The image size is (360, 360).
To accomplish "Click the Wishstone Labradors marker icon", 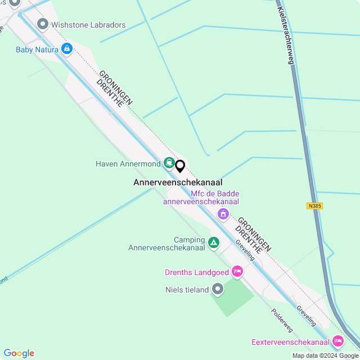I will (42, 25).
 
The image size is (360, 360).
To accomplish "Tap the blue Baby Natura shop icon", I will (67, 49).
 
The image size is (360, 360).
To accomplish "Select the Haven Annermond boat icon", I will (169, 164).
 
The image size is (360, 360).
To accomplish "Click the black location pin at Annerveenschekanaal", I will (180, 166).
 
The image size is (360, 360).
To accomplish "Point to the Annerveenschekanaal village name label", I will (178, 182).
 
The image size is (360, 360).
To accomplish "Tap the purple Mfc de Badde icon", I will (223, 214).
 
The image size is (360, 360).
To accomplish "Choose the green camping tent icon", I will (214, 243).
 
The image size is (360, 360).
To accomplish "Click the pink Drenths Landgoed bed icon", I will (237, 272).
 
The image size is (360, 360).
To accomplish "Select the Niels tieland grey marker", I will (218, 290).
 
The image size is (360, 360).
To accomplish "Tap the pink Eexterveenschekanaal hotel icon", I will (337, 341).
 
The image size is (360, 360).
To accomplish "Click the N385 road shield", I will (315, 206).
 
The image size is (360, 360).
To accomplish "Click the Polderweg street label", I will (282, 319).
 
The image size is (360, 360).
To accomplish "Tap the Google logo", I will (19, 353).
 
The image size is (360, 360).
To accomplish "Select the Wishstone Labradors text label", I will (88, 25).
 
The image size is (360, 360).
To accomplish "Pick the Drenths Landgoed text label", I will (196, 272).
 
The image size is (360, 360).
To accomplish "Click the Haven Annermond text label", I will (128, 164).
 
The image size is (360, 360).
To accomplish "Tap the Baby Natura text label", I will (37, 49).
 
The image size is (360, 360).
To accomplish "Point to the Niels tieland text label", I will (186, 290).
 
